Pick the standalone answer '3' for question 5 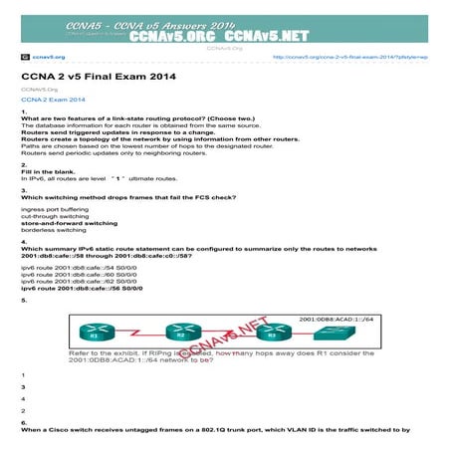coord(22,387)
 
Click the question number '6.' coord(24,422)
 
